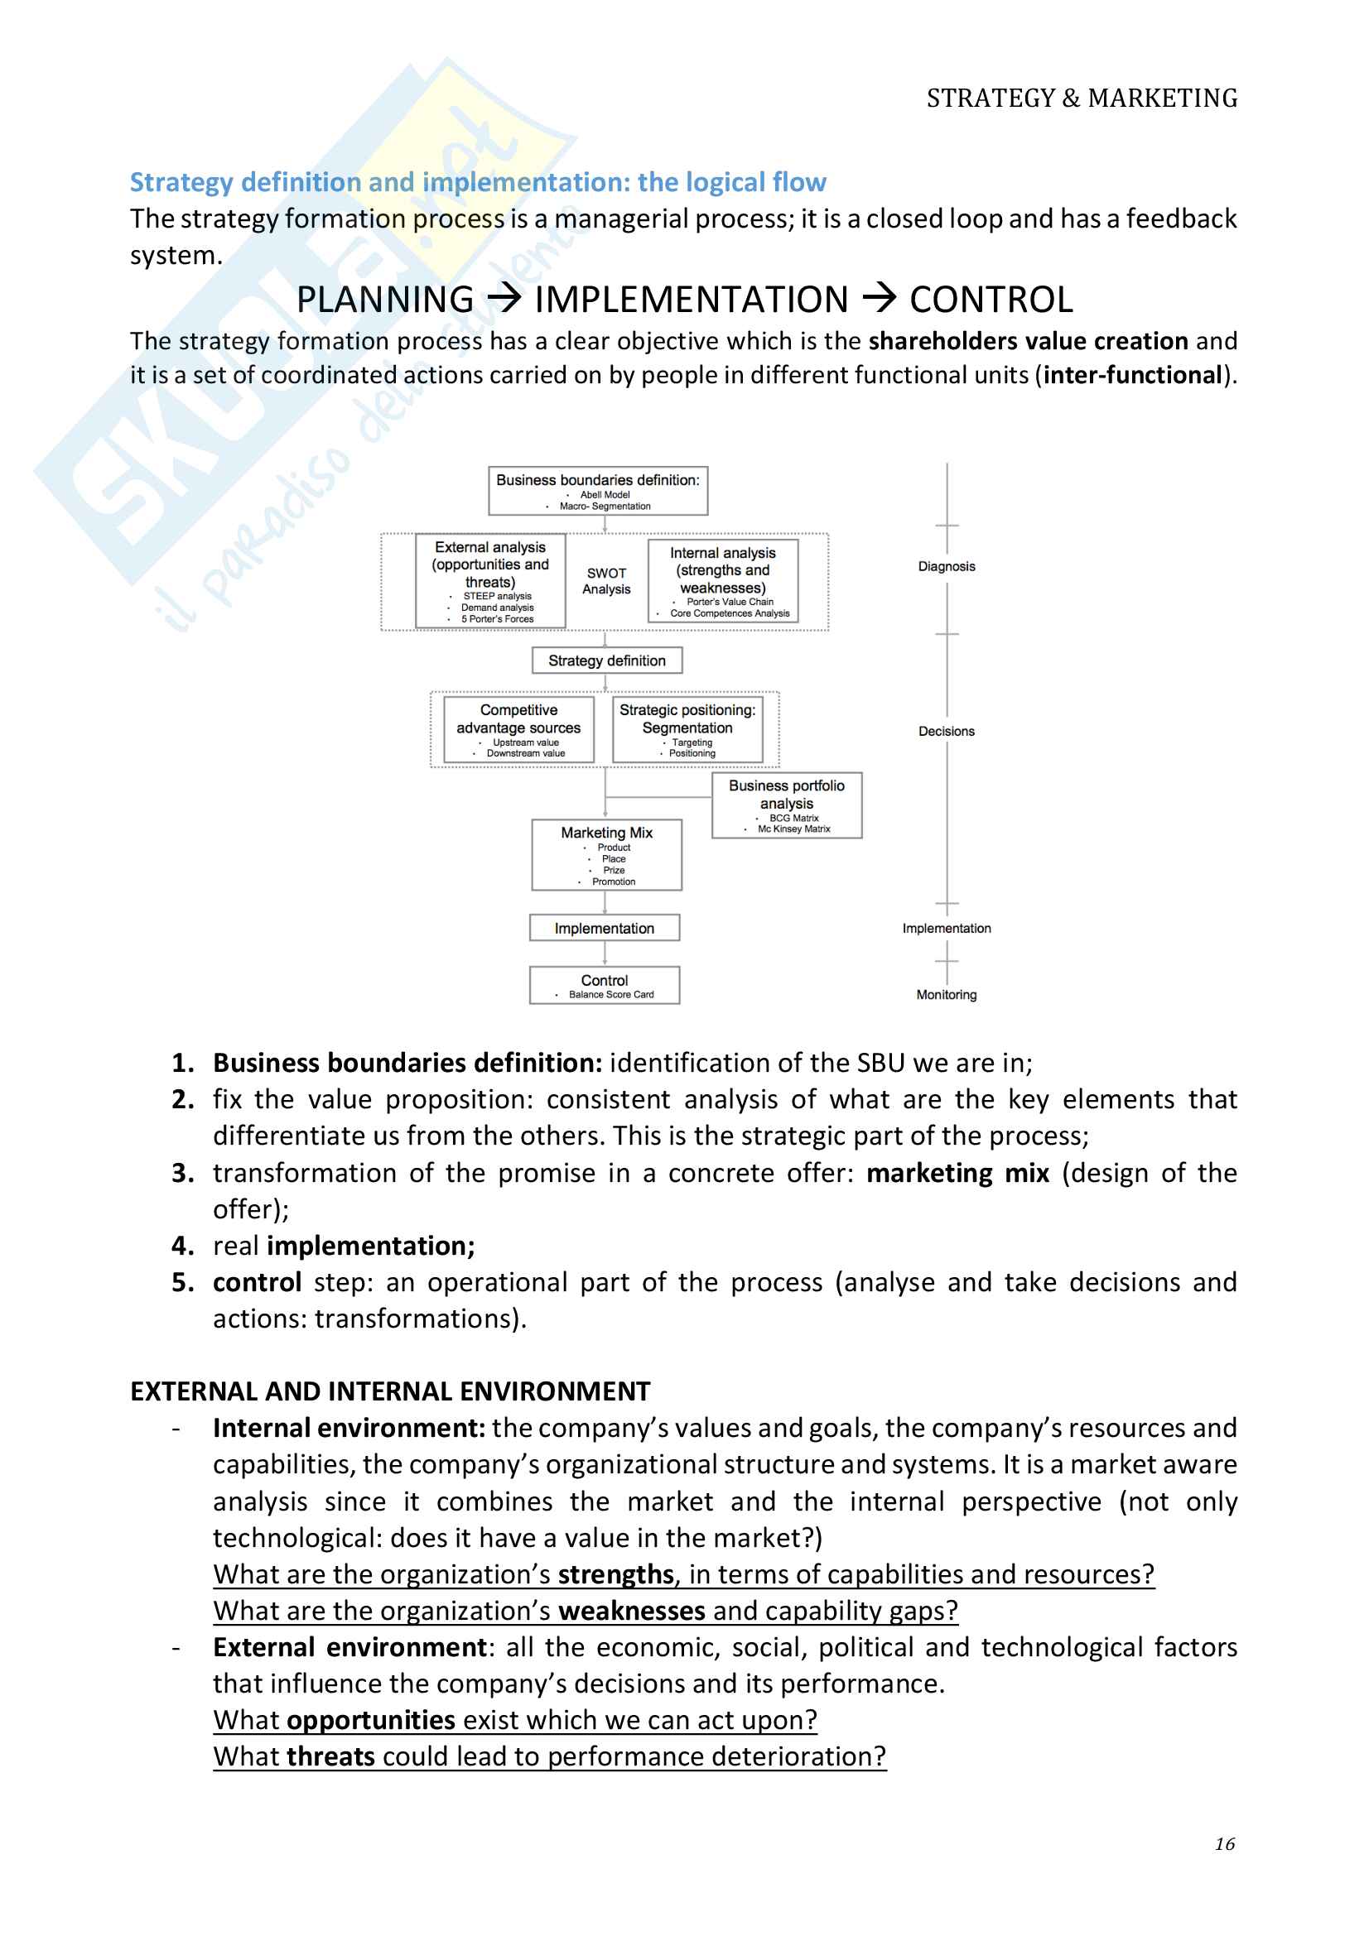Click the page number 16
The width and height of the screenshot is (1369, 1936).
pyautogui.click(x=1224, y=1843)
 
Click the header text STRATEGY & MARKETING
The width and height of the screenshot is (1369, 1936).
pyautogui.click(x=1082, y=98)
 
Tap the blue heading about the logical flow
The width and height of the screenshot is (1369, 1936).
pyautogui.click(x=477, y=182)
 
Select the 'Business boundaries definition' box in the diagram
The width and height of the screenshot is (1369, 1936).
pyautogui.click(x=597, y=491)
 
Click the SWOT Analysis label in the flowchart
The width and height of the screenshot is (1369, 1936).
pyautogui.click(x=605, y=581)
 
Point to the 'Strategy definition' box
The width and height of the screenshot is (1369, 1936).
pyautogui.click(x=606, y=661)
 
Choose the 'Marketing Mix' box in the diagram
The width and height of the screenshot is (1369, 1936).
pyautogui.click(x=605, y=855)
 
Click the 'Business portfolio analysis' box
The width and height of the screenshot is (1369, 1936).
pyautogui.click(x=786, y=805)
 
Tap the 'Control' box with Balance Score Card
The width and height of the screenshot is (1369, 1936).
pyautogui.click(x=604, y=985)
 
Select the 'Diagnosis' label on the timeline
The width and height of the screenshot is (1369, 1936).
pyautogui.click(x=946, y=567)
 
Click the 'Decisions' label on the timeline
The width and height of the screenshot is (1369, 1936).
pyautogui.click(x=946, y=731)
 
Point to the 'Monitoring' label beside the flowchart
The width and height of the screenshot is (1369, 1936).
pyautogui.click(x=946, y=995)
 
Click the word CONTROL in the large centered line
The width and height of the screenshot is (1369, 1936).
pyautogui.click(x=991, y=300)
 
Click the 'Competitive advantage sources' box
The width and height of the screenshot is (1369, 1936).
pyautogui.click(x=518, y=728)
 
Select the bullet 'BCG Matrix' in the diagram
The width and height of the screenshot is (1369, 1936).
pyautogui.click(x=793, y=818)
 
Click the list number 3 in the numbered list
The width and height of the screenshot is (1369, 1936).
pyautogui.click(x=182, y=1173)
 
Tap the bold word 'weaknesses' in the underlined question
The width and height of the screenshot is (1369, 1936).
pyautogui.click(x=631, y=1611)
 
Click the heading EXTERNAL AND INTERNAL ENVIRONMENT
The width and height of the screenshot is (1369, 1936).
pyautogui.click(x=390, y=1391)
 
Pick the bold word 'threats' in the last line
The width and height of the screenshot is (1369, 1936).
pyautogui.click(x=330, y=1756)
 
